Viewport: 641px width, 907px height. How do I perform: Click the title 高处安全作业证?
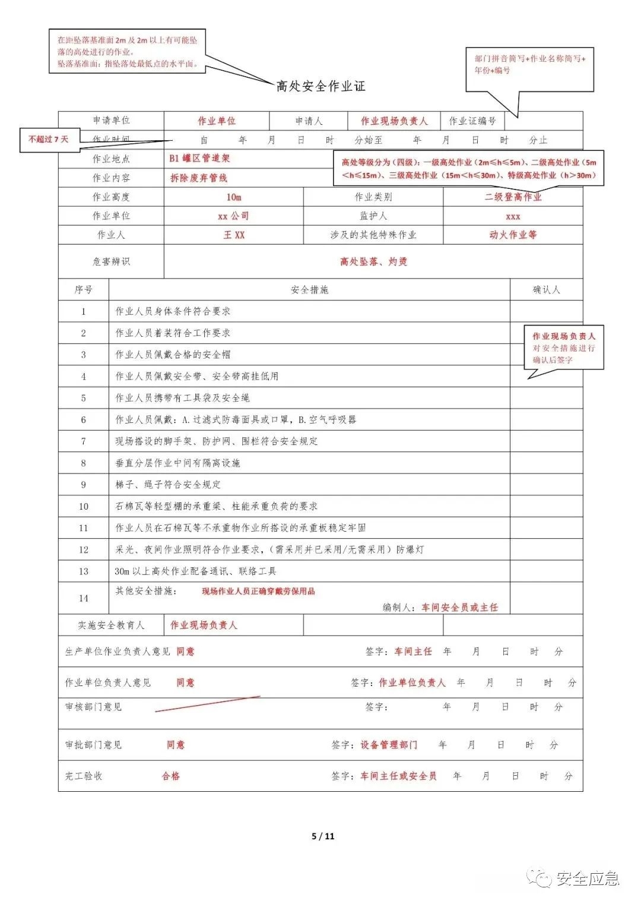320,86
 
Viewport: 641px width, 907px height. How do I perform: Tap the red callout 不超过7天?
49,139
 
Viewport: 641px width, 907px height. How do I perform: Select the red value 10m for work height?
234,197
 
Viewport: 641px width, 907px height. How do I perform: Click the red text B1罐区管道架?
199,159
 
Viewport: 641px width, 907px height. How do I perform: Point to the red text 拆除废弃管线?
199,178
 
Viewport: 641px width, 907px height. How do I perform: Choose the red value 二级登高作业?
513,197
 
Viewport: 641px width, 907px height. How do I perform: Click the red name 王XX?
234,235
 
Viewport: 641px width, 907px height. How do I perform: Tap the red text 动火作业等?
513,235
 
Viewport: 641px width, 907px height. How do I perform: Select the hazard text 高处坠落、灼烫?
373,261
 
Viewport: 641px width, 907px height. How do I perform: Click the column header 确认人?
546,290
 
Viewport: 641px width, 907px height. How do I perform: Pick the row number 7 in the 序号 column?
83,441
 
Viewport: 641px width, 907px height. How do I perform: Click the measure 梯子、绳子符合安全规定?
168,485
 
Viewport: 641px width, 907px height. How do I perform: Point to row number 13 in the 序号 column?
83,571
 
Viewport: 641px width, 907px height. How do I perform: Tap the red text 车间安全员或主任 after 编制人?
460,607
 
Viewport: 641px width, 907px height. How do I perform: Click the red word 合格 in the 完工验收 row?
171,776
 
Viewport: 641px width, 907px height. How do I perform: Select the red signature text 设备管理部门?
389,745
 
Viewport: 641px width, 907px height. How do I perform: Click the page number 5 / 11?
323,836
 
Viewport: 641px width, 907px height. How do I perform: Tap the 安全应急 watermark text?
588,878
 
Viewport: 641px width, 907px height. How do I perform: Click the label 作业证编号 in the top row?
472,121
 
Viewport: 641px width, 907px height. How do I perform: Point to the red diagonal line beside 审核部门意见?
208,704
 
